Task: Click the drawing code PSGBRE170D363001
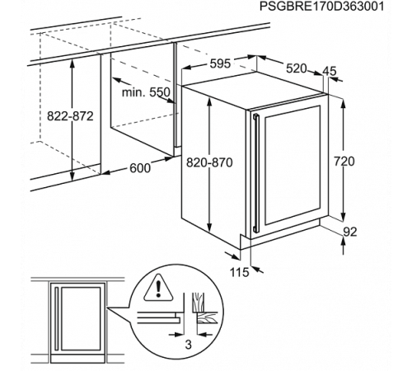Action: pos(321,7)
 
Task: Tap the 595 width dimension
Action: pos(220,63)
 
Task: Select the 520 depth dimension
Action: pos(296,68)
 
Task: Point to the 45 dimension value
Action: pos(329,71)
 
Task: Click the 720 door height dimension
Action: pos(344,161)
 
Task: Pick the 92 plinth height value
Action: pos(350,232)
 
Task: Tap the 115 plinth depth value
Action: pos(239,273)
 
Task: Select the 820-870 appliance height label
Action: pos(209,162)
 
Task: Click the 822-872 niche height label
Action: pos(70,116)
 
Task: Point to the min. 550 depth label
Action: pos(146,92)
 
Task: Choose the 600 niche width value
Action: pos(140,168)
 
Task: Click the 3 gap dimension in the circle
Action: pos(188,345)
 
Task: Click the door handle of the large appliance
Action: pos(255,172)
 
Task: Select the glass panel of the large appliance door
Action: pos(293,165)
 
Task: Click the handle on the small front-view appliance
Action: pos(57,319)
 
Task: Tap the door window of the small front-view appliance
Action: pos(81,319)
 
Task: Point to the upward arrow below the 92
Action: pos(344,246)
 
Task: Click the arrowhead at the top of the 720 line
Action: pos(343,104)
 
